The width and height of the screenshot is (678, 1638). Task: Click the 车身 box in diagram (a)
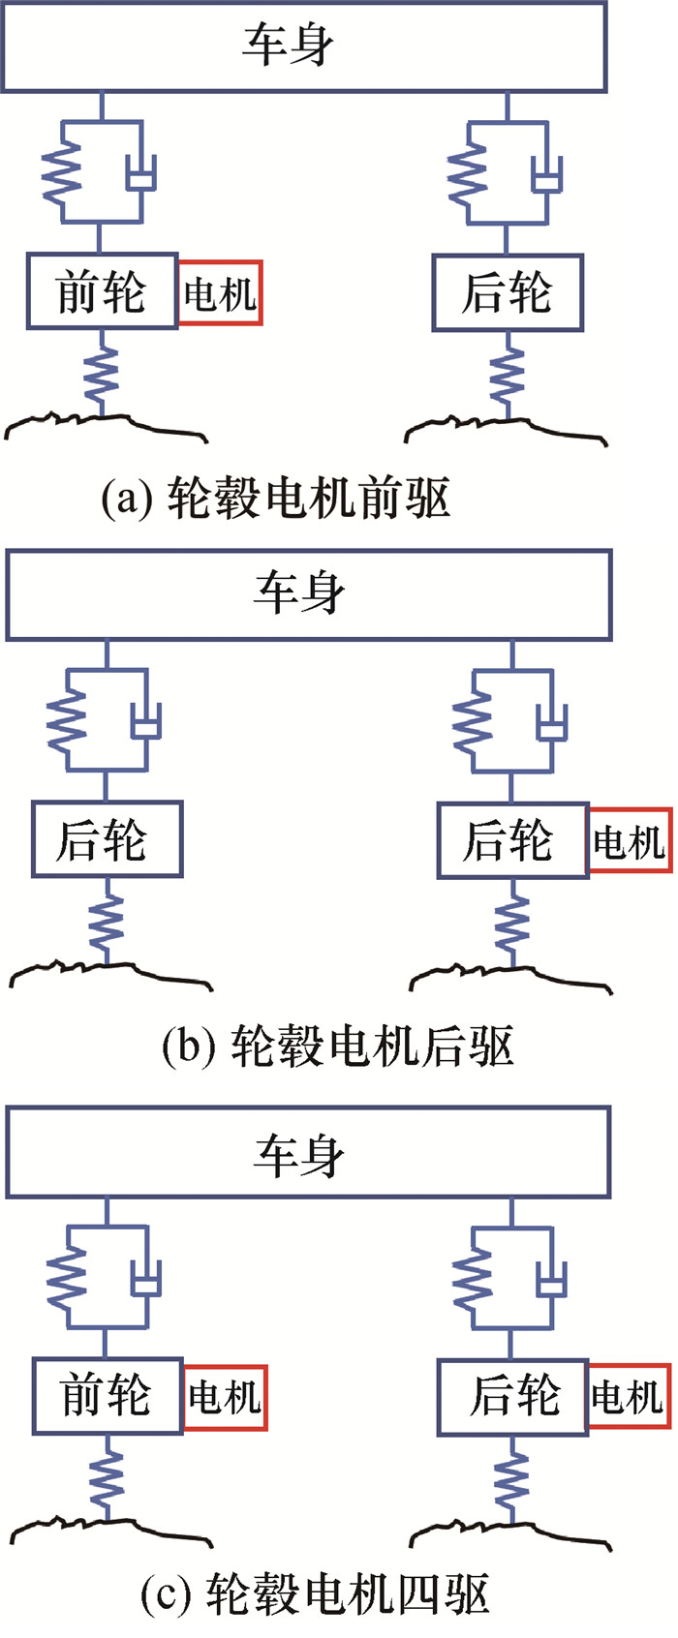click(303, 46)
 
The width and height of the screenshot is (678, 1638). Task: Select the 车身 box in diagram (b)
click(308, 594)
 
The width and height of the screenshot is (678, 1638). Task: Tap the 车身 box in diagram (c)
click(308, 1153)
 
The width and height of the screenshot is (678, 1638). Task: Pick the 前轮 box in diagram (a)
click(102, 291)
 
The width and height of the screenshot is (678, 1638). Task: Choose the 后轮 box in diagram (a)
click(508, 292)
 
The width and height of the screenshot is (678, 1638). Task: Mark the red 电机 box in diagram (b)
click(630, 840)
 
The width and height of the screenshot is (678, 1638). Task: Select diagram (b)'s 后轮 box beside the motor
click(512, 840)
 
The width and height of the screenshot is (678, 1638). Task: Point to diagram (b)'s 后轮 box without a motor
click(107, 839)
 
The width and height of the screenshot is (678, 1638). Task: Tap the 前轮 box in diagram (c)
click(108, 1396)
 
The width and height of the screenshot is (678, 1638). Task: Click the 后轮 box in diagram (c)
click(512, 1396)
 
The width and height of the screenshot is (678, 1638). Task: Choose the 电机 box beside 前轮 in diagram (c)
click(225, 1398)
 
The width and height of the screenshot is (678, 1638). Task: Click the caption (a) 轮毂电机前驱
click(276, 500)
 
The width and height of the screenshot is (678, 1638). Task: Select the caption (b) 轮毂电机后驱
click(337, 1046)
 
